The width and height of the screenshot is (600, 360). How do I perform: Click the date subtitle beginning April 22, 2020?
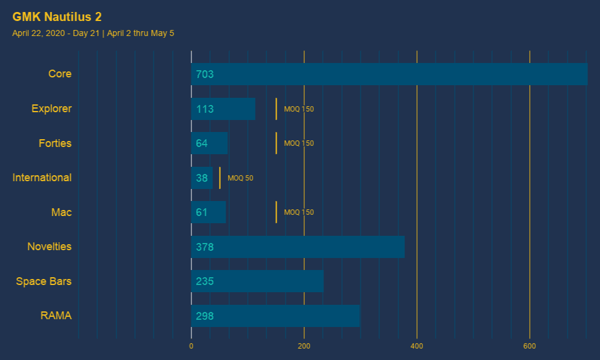[93, 33]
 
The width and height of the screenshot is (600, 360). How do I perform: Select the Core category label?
[60, 74]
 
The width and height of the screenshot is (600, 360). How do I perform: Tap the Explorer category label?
[52, 109]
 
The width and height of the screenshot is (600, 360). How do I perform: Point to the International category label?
[42, 178]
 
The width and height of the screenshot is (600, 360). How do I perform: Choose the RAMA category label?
[56, 316]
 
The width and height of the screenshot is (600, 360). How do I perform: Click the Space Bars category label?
[44, 281]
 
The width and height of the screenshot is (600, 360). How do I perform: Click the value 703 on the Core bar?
[205, 74]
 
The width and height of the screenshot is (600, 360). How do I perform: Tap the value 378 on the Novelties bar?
[205, 247]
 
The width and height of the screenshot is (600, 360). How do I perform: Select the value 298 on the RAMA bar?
[205, 316]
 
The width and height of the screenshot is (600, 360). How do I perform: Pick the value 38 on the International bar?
[202, 178]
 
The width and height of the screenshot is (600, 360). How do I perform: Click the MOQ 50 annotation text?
[241, 178]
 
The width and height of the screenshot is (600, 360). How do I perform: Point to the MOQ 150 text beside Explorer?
[299, 109]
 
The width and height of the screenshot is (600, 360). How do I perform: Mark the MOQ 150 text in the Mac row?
[299, 212]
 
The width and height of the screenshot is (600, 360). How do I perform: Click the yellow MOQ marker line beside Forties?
[276, 143]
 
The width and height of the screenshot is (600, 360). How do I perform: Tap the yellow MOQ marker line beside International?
[220, 178]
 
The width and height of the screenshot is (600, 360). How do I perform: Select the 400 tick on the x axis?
[417, 346]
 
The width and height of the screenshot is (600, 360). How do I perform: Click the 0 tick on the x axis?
[191, 346]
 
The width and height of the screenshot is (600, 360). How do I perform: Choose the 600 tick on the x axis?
[530, 346]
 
